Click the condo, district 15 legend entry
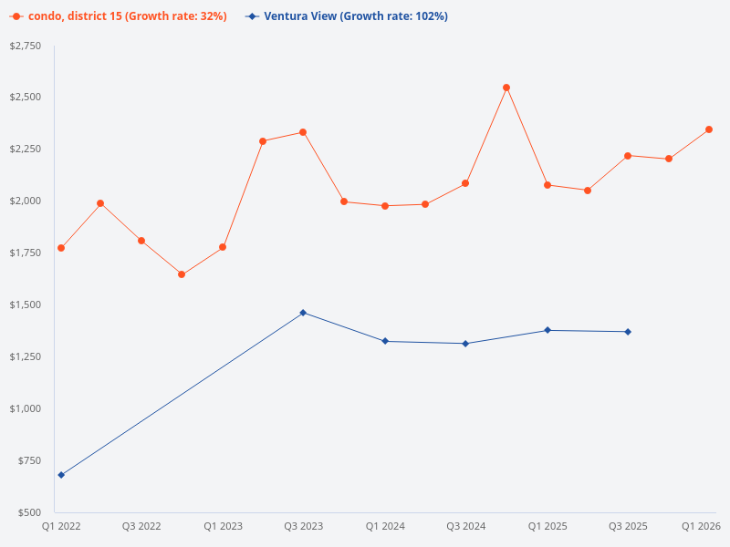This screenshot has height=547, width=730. tap(119, 16)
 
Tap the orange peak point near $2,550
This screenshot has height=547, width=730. tap(506, 88)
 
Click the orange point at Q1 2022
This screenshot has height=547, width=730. tap(61, 248)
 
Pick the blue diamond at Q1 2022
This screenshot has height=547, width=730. tap(61, 475)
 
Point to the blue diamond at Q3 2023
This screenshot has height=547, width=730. tap(303, 313)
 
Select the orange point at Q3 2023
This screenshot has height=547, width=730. tap(303, 132)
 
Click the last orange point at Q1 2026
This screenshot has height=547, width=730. tap(709, 129)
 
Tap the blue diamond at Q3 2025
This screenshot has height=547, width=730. tap(628, 332)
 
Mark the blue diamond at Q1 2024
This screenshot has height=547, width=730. tap(385, 341)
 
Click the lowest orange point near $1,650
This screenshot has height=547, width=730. tap(182, 274)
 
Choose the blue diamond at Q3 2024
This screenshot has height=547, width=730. tap(465, 344)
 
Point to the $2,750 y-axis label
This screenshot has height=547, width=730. tap(26, 46)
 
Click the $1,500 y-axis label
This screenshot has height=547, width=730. tap(26, 304)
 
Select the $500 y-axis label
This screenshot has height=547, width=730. tap(29, 512)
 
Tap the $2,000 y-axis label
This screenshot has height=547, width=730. tap(26, 201)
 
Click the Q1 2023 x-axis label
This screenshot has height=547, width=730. tap(223, 527)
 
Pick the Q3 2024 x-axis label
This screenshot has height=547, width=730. tap(465, 527)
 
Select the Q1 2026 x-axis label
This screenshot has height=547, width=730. tap(702, 527)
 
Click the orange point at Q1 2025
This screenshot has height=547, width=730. tap(547, 185)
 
